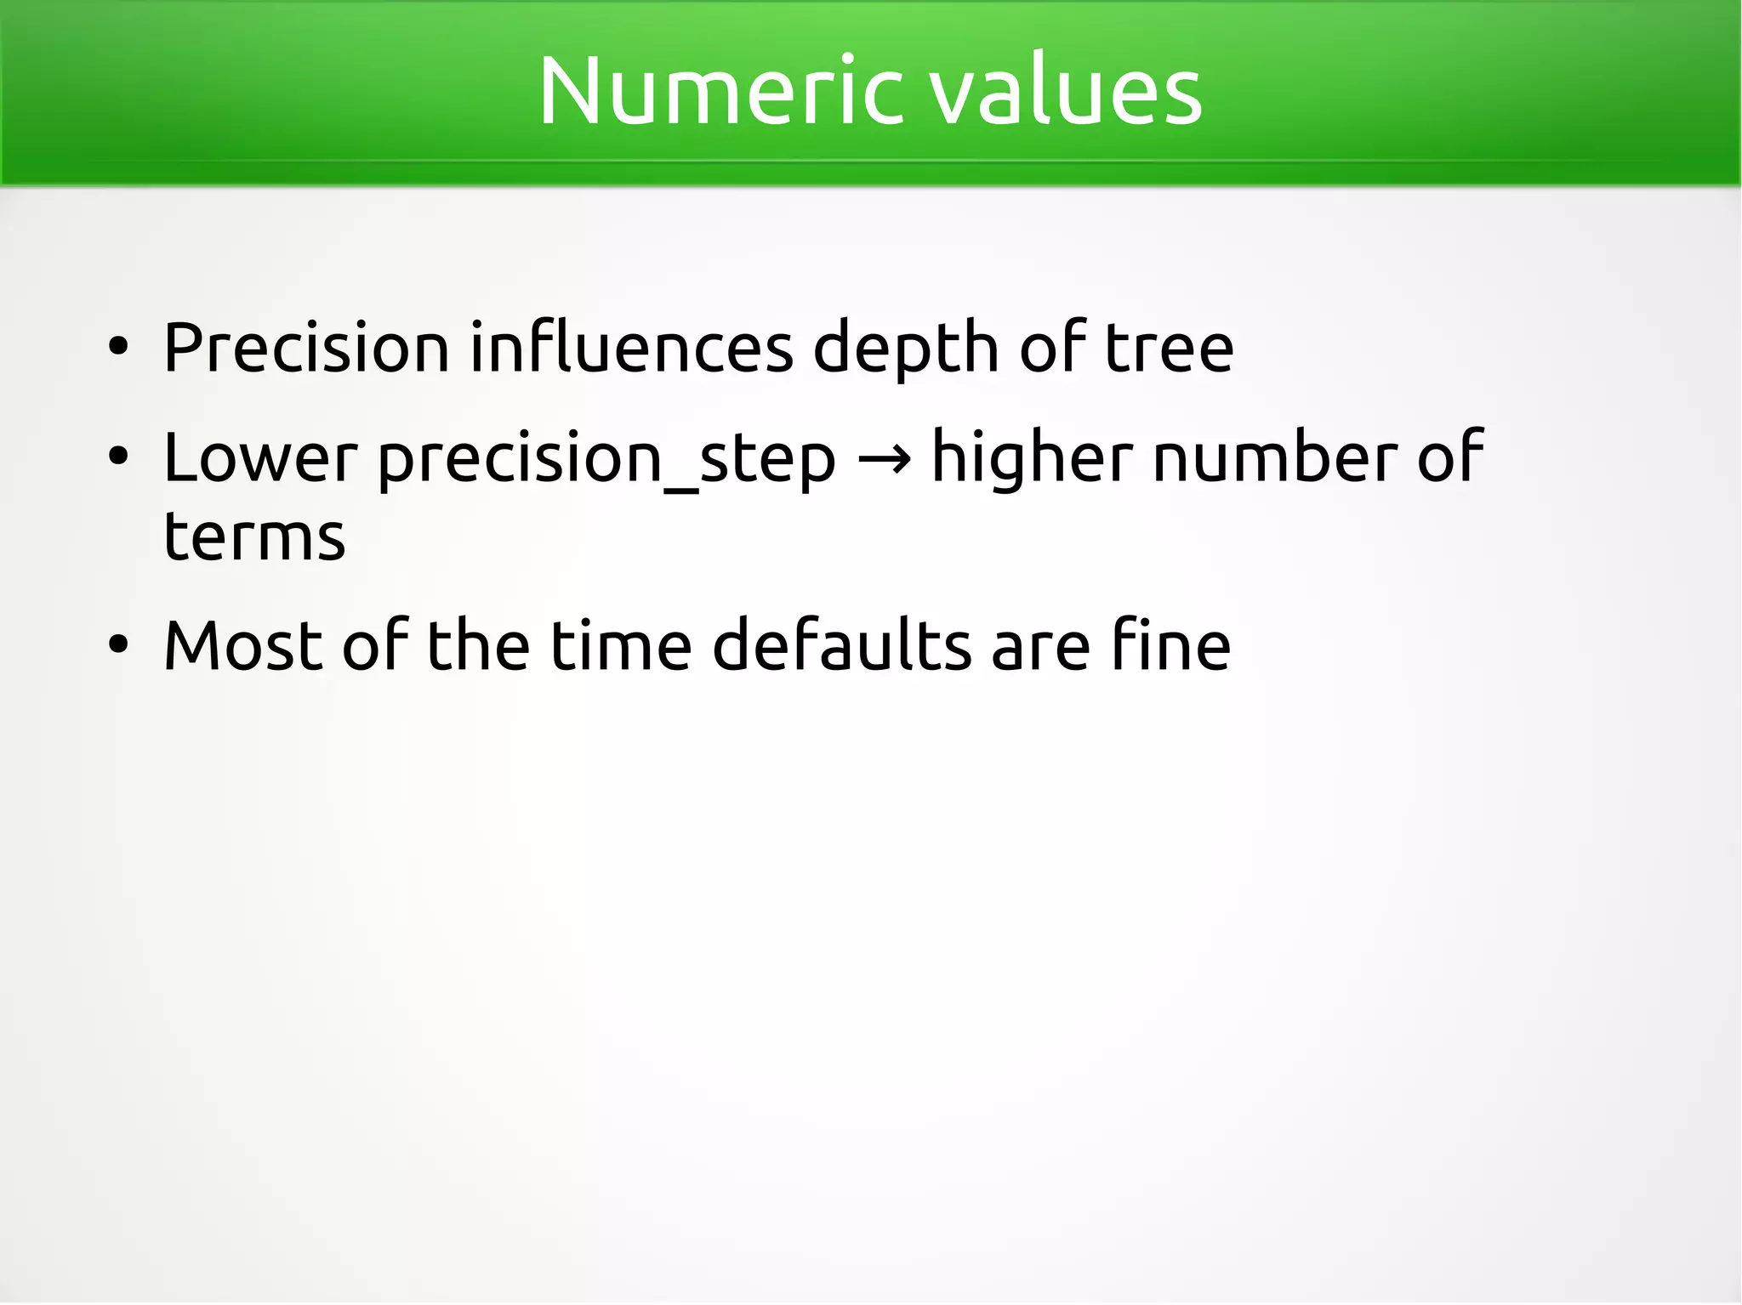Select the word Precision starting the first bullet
(306, 348)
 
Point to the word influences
(631, 348)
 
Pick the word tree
(1169, 348)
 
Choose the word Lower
(260, 458)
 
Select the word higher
(1032, 458)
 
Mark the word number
(1274, 458)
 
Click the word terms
(254, 537)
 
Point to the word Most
(242, 646)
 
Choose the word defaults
(841, 646)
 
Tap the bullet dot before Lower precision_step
(118, 457)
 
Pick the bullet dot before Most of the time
(118, 645)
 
